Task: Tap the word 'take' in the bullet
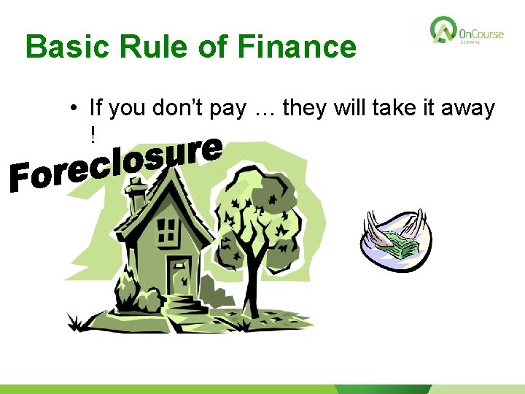pyautogui.click(x=393, y=109)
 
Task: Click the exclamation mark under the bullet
pyautogui.click(x=93, y=135)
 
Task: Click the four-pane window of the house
pyautogui.click(x=168, y=231)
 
